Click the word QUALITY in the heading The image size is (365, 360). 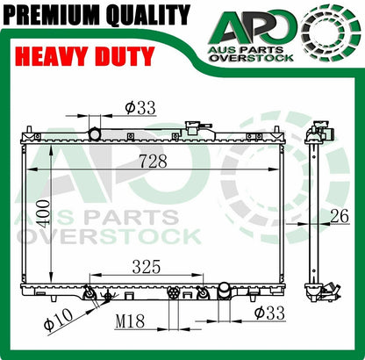tap(148, 15)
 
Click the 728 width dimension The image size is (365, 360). tap(153, 162)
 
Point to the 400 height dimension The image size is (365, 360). tap(43, 213)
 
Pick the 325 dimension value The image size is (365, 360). tap(147, 267)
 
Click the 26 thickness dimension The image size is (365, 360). tap(340, 216)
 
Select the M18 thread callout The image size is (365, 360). tap(130, 321)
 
